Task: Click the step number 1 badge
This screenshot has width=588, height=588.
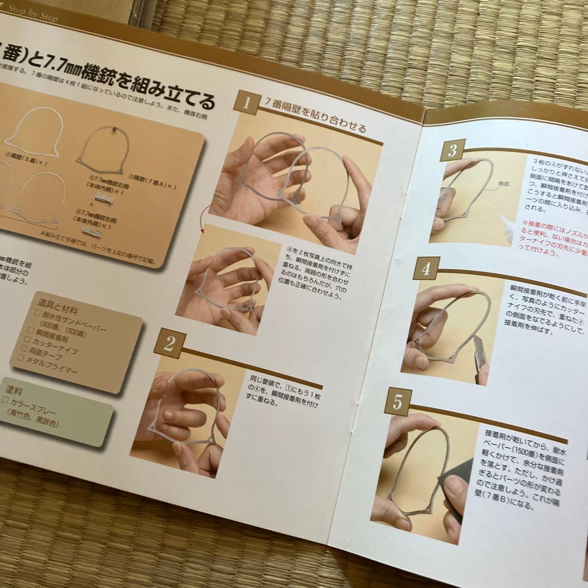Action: tap(246, 102)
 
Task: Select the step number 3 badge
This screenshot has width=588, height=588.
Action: tap(452, 151)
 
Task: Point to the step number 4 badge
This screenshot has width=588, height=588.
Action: tap(426, 268)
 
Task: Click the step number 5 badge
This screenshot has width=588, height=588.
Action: tap(397, 402)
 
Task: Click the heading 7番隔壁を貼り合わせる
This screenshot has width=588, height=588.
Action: tap(315, 121)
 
